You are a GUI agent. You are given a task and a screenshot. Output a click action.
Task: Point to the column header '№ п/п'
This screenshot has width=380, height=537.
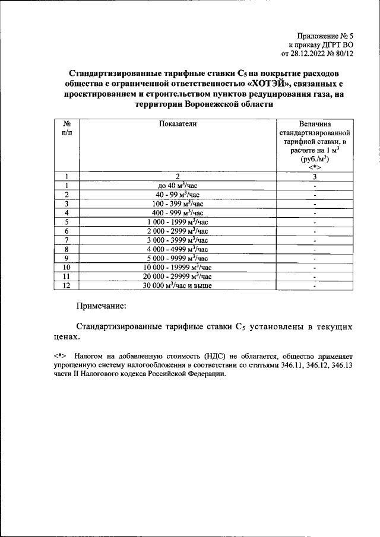pos(67,128)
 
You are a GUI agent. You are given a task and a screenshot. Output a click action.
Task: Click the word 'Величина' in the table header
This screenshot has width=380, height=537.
pos(315,124)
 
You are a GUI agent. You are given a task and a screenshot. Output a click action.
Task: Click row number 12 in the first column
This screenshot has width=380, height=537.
pos(67,285)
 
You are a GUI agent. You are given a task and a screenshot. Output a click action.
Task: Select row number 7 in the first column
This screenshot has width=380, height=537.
pos(67,240)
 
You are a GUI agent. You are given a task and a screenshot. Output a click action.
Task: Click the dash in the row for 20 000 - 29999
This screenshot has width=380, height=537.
pos(315,277)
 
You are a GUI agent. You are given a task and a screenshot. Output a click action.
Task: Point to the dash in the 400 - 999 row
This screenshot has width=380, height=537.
pos(315,212)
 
